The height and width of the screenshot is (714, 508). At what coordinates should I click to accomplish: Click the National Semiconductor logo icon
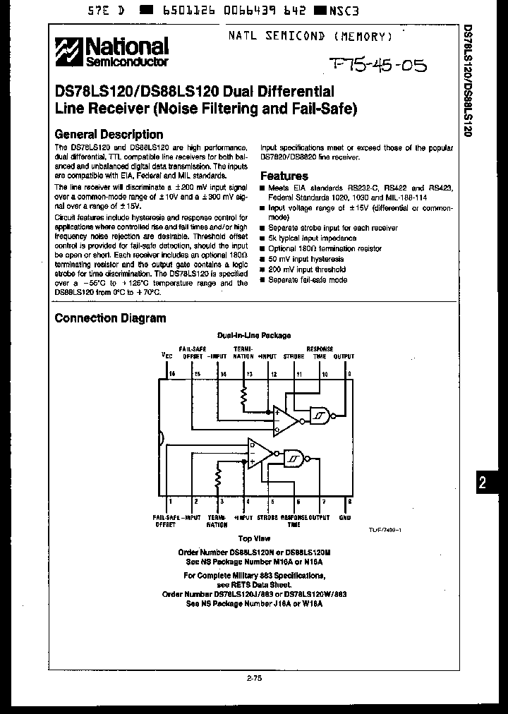[x=70, y=53]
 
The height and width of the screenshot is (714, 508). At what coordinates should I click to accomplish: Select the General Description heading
[x=109, y=134]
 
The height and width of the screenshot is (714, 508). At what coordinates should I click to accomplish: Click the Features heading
[x=284, y=176]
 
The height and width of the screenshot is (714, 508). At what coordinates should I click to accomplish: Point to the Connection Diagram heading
[x=111, y=318]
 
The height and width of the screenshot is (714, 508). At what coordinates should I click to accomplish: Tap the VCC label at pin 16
[x=167, y=356]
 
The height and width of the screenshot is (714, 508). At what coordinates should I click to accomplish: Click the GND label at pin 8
[x=344, y=518]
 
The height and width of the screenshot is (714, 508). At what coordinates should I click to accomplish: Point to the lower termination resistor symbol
[x=219, y=479]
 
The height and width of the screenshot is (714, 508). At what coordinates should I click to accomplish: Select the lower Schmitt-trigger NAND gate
[x=294, y=459]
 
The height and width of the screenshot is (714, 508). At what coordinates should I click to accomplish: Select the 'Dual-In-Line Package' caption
[x=253, y=336]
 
